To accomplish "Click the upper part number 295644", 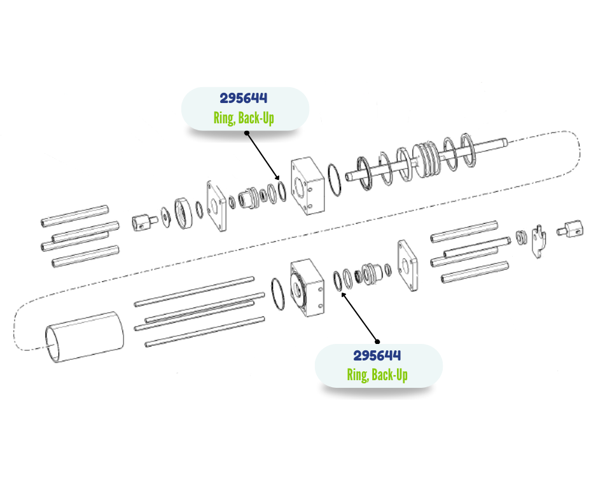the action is point(243,99).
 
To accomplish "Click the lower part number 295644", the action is point(377,356).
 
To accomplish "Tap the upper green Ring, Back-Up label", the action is point(244,118).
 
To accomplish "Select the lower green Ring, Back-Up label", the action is point(377,375).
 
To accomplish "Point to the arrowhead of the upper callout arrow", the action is point(277,177).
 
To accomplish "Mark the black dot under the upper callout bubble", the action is point(247,133).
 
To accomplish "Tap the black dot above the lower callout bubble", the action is point(377,341).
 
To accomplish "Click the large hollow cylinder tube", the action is point(84,337).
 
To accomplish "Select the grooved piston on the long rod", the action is point(426,160).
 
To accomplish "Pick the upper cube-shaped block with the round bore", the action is point(308,186).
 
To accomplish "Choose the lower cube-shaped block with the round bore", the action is point(307,288).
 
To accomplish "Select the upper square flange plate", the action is point(216,206).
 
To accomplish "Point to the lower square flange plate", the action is point(407,265).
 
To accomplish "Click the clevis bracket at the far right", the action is point(538,242).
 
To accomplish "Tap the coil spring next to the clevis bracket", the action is point(522,238).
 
